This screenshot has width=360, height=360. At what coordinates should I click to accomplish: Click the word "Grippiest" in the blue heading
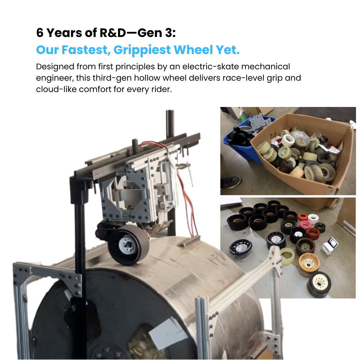142,50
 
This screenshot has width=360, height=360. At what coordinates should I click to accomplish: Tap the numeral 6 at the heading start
40,33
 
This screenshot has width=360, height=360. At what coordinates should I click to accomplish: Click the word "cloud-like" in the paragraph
56,89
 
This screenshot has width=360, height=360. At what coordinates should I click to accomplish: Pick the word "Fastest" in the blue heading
86,50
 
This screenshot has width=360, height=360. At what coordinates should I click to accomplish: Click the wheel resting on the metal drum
129,245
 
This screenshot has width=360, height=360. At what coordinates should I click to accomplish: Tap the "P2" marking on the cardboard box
273,135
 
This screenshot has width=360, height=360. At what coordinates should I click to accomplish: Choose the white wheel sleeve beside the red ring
313,219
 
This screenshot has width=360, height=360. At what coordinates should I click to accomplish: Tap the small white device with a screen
330,246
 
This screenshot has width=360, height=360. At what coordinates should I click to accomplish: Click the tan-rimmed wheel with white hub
309,264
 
